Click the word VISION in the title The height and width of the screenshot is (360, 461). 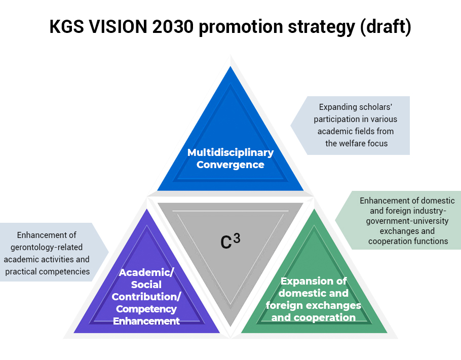tap(118, 26)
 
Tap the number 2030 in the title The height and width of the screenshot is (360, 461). tap(173, 26)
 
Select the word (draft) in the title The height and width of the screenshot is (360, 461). tap(385, 27)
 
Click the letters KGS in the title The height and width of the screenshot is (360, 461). tap(67, 26)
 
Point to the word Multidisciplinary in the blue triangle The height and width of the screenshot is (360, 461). tap(230, 152)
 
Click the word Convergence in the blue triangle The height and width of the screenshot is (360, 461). tap(230, 165)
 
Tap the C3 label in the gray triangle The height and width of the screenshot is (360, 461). tap(230, 242)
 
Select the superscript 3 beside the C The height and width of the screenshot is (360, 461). tap(237, 238)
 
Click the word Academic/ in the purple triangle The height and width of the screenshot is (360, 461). tap(146, 273)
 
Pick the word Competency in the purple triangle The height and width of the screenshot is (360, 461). tap(146, 309)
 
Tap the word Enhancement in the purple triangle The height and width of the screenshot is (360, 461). tap(146, 321)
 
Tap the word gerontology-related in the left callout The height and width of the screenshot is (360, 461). tap(47, 248)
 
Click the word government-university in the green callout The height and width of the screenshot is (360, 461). tap(407, 221)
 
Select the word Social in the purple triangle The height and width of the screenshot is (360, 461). tap(146, 285)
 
